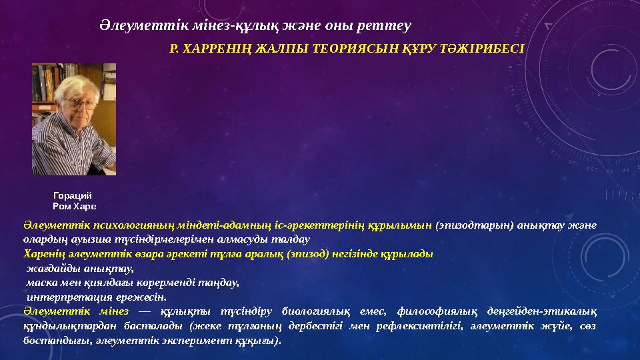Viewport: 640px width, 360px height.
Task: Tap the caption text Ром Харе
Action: pos(74,207)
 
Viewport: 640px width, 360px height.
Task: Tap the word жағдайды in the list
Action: pos(52,268)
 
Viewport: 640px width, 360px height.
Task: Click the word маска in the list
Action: pos(41,282)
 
